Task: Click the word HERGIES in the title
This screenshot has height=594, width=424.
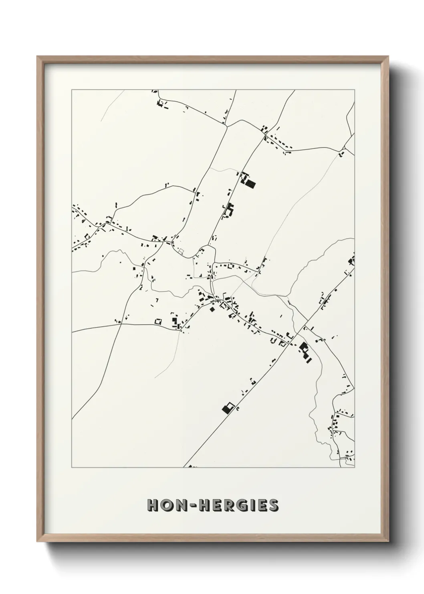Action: (238, 505)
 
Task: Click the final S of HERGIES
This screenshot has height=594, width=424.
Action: (274, 505)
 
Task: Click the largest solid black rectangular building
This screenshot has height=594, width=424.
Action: (250, 184)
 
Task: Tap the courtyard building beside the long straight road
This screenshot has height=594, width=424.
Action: (228, 408)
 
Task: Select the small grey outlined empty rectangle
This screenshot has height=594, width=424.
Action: (181, 252)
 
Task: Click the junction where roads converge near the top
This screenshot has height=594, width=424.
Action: (226, 126)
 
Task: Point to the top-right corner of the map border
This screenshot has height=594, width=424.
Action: (355, 90)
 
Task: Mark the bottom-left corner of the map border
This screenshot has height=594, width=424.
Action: (72, 467)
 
